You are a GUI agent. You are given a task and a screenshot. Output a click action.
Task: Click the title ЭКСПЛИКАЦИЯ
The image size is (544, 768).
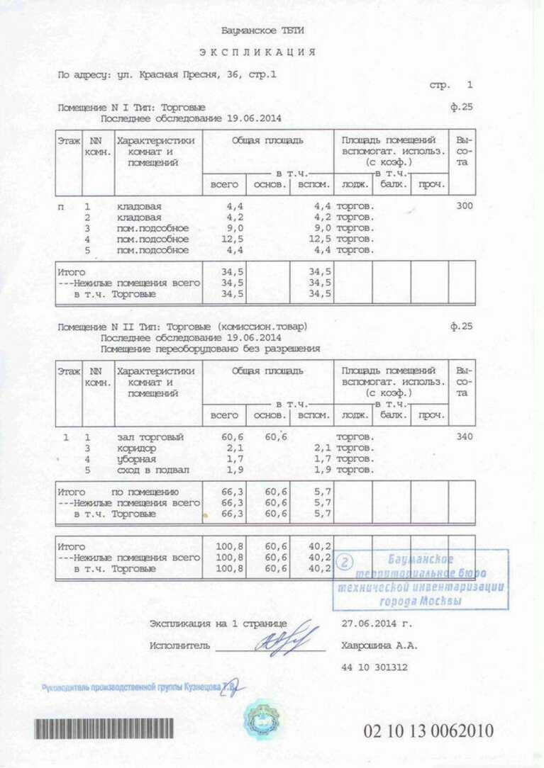click(257, 52)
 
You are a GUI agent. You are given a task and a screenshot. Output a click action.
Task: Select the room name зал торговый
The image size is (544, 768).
click(150, 437)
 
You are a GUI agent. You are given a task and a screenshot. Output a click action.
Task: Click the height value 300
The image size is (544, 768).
click(465, 206)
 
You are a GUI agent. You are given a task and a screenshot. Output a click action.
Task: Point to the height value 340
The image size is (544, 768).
click(465, 437)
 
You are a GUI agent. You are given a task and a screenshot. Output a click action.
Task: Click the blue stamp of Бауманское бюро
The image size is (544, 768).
click(421, 580)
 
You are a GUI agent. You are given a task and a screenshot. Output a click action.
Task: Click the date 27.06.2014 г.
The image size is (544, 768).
click(376, 624)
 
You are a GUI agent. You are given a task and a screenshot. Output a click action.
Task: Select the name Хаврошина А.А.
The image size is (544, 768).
click(379, 645)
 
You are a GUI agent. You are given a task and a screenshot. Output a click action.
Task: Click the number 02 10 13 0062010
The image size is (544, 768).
click(428, 731)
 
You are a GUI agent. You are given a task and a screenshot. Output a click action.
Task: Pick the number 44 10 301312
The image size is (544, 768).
click(374, 667)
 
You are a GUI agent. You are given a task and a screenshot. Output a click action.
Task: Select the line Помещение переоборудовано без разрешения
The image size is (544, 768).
click(210, 349)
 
